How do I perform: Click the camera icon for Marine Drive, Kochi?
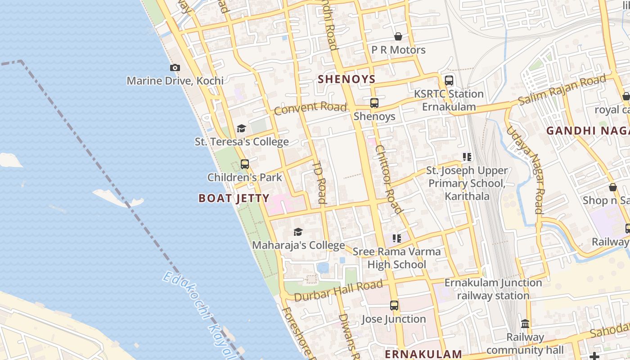coord(175,68)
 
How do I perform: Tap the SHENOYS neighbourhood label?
coord(346,79)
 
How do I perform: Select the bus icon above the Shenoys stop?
coord(374,103)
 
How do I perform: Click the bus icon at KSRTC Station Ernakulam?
coord(449,81)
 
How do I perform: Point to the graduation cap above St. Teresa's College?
coord(242,129)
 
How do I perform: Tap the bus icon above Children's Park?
coord(245,164)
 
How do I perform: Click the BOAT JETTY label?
coord(234,198)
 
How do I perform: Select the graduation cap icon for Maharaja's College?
coord(298,232)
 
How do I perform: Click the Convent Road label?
coord(310,108)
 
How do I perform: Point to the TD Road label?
coord(319,182)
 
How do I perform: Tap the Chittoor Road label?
coord(388,179)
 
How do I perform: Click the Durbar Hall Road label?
coord(338,291)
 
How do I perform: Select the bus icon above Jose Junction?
coord(394,306)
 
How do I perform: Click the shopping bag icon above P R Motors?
coord(398,36)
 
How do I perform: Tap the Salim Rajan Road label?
coord(562,91)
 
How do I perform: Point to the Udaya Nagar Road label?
coord(526,169)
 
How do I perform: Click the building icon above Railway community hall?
coord(525,324)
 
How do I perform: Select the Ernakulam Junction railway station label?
coord(493,289)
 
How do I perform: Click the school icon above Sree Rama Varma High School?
coord(396,238)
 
